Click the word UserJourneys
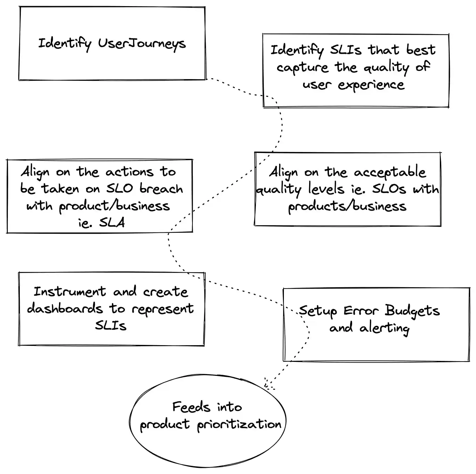(x=142, y=44)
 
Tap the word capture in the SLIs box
(x=302, y=67)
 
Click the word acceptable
(x=390, y=172)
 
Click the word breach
(x=161, y=189)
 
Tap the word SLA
(x=112, y=223)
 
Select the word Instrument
(x=70, y=292)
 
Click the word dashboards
(x=65, y=309)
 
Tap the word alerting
(x=385, y=328)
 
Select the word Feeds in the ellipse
(x=191, y=407)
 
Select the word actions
(x=129, y=172)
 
